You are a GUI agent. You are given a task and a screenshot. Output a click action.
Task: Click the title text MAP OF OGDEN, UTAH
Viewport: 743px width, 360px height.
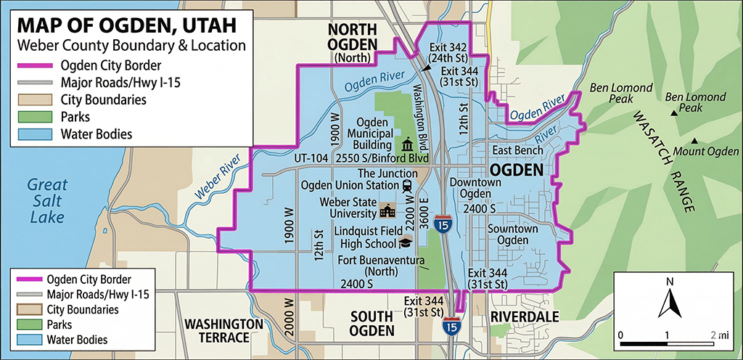tap(126, 25)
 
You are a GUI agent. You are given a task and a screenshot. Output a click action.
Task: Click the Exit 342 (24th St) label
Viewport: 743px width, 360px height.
tap(446, 53)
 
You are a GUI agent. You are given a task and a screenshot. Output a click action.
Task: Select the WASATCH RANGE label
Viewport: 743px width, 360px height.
tap(662, 161)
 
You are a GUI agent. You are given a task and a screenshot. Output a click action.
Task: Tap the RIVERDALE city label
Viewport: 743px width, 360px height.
tap(524, 317)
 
